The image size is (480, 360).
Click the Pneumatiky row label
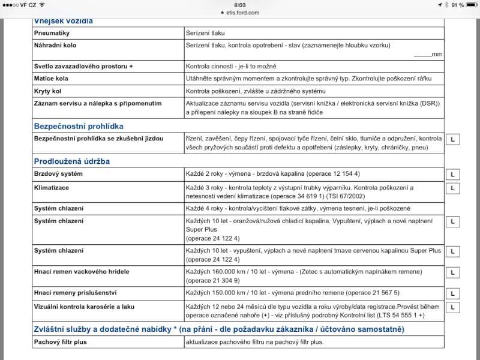[52, 33]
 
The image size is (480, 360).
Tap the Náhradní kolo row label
[55, 45]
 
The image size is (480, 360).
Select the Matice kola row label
[52, 78]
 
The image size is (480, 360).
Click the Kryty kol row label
[49, 91]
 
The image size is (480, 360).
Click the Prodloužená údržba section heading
[71, 161]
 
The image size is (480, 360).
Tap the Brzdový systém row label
[59, 174]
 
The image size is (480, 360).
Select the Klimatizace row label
[53, 187]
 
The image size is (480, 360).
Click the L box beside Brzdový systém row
[453, 175]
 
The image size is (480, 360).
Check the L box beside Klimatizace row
[453, 188]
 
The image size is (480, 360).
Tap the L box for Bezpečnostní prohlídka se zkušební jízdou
[453, 139]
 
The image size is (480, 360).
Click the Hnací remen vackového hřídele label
[82, 272]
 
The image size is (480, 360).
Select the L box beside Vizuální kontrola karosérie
[453, 307]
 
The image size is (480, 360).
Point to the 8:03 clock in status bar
[240, 4]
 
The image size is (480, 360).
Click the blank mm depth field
[422, 55]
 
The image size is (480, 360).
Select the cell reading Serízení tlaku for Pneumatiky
[205, 33]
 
